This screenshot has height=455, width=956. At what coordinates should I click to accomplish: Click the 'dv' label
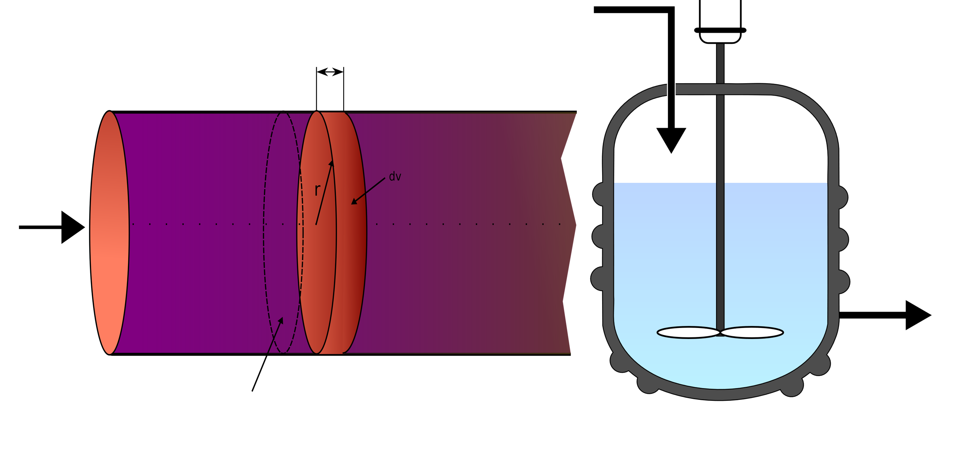(395, 177)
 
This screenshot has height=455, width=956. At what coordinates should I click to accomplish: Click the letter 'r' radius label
(317, 190)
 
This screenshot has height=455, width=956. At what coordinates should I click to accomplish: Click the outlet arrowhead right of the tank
(917, 315)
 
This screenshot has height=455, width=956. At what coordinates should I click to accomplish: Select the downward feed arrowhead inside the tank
(671, 139)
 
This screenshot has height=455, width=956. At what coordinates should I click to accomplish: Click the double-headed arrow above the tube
(330, 72)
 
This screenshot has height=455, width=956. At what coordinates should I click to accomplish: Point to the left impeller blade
(688, 332)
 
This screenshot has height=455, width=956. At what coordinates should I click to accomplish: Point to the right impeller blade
(752, 332)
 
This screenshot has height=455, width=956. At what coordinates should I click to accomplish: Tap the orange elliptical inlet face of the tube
(109, 232)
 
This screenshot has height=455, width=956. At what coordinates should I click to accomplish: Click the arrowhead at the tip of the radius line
(331, 163)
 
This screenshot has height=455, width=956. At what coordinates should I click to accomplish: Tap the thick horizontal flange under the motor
(720, 30)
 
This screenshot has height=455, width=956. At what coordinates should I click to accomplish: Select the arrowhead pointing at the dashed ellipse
(281, 321)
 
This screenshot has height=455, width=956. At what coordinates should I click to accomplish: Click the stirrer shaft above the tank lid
(720, 63)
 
